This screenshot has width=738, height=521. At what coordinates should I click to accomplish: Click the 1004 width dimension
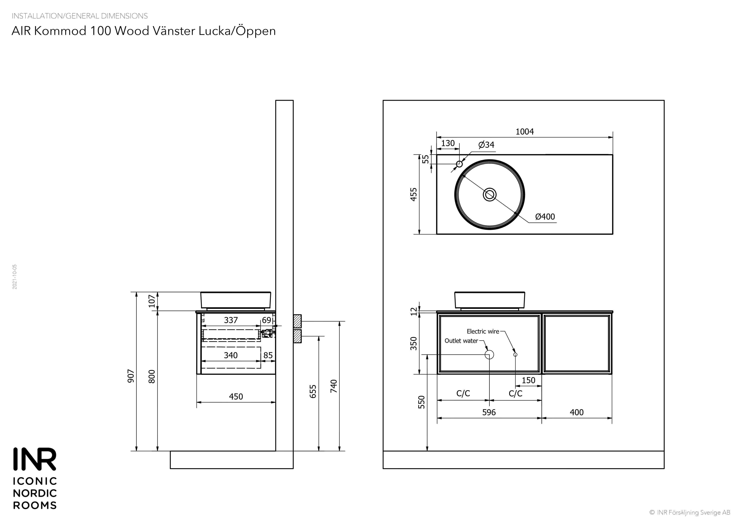click(524, 132)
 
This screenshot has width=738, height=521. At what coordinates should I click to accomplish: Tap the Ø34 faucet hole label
click(486, 145)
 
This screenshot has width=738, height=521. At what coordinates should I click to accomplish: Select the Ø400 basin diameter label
click(545, 217)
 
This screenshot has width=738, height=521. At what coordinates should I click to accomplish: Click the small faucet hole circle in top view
click(459, 164)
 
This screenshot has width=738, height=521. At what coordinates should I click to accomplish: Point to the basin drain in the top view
click(490, 194)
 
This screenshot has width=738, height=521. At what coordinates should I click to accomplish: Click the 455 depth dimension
click(414, 194)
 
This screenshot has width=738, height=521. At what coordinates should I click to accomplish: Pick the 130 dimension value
click(448, 143)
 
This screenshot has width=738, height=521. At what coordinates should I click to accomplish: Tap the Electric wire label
click(483, 331)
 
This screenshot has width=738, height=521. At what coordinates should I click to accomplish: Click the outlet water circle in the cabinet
click(489, 354)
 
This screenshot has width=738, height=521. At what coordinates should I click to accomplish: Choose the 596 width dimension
click(489, 412)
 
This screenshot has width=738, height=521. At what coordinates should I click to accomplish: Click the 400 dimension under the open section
click(577, 412)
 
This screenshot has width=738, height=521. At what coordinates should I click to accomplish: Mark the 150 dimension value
click(528, 380)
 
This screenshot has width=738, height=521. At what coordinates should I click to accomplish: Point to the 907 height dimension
click(131, 376)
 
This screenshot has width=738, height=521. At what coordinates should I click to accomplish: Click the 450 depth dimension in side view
click(236, 397)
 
